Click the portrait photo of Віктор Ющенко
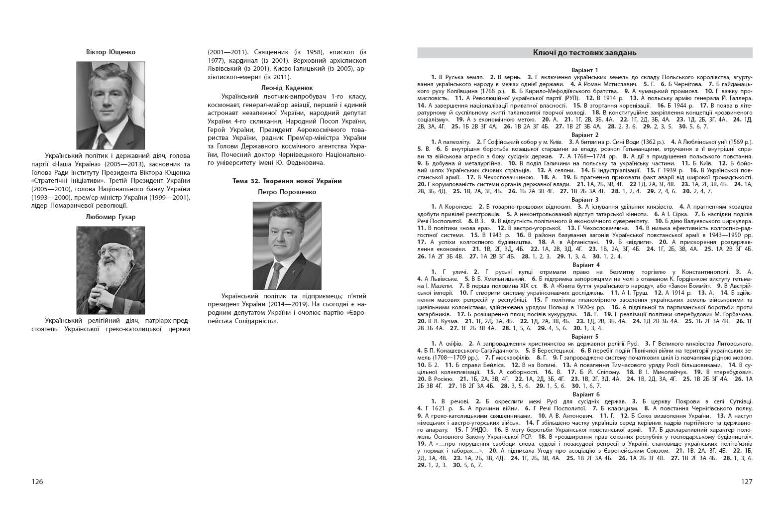point(111,105)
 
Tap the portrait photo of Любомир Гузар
point(111,270)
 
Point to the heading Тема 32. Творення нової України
point(287,181)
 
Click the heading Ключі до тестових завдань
point(584,53)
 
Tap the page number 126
point(37,482)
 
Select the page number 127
point(746,482)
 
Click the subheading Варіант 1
point(585,70)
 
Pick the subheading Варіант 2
point(585,135)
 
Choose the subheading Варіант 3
point(585,200)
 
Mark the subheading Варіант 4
point(585,264)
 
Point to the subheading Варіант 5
point(585,337)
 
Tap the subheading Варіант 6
point(585,394)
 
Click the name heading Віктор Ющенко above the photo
point(111,52)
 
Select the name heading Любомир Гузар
point(111,217)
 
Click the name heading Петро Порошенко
point(287,192)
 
